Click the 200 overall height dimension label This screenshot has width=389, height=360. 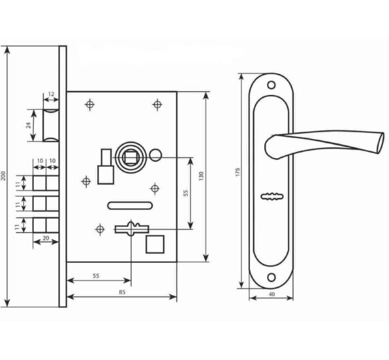(x=3, y=175)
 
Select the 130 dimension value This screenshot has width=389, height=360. (x=201, y=176)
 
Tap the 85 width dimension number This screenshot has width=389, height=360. (x=122, y=292)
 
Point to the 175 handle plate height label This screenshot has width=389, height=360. (x=237, y=172)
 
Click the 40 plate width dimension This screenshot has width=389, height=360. (x=272, y=294)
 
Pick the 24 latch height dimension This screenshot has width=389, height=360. (x=29, y=125)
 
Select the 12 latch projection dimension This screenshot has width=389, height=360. (x=51, y=94)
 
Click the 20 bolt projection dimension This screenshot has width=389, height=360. (x=46, y=238)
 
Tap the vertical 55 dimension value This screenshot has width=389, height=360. (x=186, y=193)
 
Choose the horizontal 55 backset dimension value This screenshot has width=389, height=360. (x=96, y=276)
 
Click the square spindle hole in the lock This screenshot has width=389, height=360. (x=130, y=157)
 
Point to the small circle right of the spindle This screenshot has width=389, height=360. (x=155, y=155)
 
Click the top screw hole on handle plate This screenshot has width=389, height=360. (x=272, y=85)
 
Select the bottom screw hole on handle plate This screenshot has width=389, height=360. (x=272, y=277)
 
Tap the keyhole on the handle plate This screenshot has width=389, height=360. (x=272, y=196)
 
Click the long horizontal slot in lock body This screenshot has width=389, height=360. (x=130, y=206)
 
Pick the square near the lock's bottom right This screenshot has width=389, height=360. (x=155, y=245)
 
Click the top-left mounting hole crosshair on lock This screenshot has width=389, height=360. (x=90, y=105)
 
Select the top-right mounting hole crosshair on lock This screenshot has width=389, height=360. (x=157, y=105)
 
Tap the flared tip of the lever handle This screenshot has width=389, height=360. (x=380, y=143)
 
